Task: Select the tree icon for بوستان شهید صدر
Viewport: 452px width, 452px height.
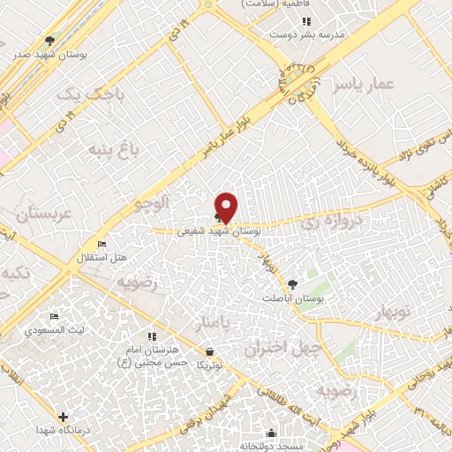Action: [50, 41]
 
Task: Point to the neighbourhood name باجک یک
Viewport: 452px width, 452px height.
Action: [74, 92]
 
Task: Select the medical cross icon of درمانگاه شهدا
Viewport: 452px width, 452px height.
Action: [63, 417]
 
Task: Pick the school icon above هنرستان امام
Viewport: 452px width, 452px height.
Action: [152, 336]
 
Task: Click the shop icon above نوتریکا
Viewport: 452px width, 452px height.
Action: [208, 350]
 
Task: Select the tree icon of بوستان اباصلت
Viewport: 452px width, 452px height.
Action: [292, 284]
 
